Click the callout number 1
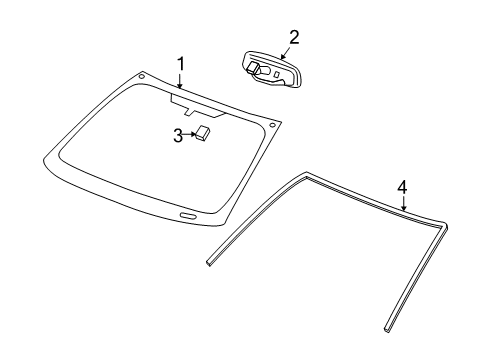[x=181, y=65]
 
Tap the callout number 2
[x=293, y=37]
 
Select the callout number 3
[x=178, y=135]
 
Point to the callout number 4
[x=402, y=187]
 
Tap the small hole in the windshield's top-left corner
[x=143, y=76]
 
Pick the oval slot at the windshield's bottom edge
[x=187, y=216]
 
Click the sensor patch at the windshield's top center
[x=189, y=102]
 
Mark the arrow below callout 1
[x=181, y=82]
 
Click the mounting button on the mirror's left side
[x=254, y=68]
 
